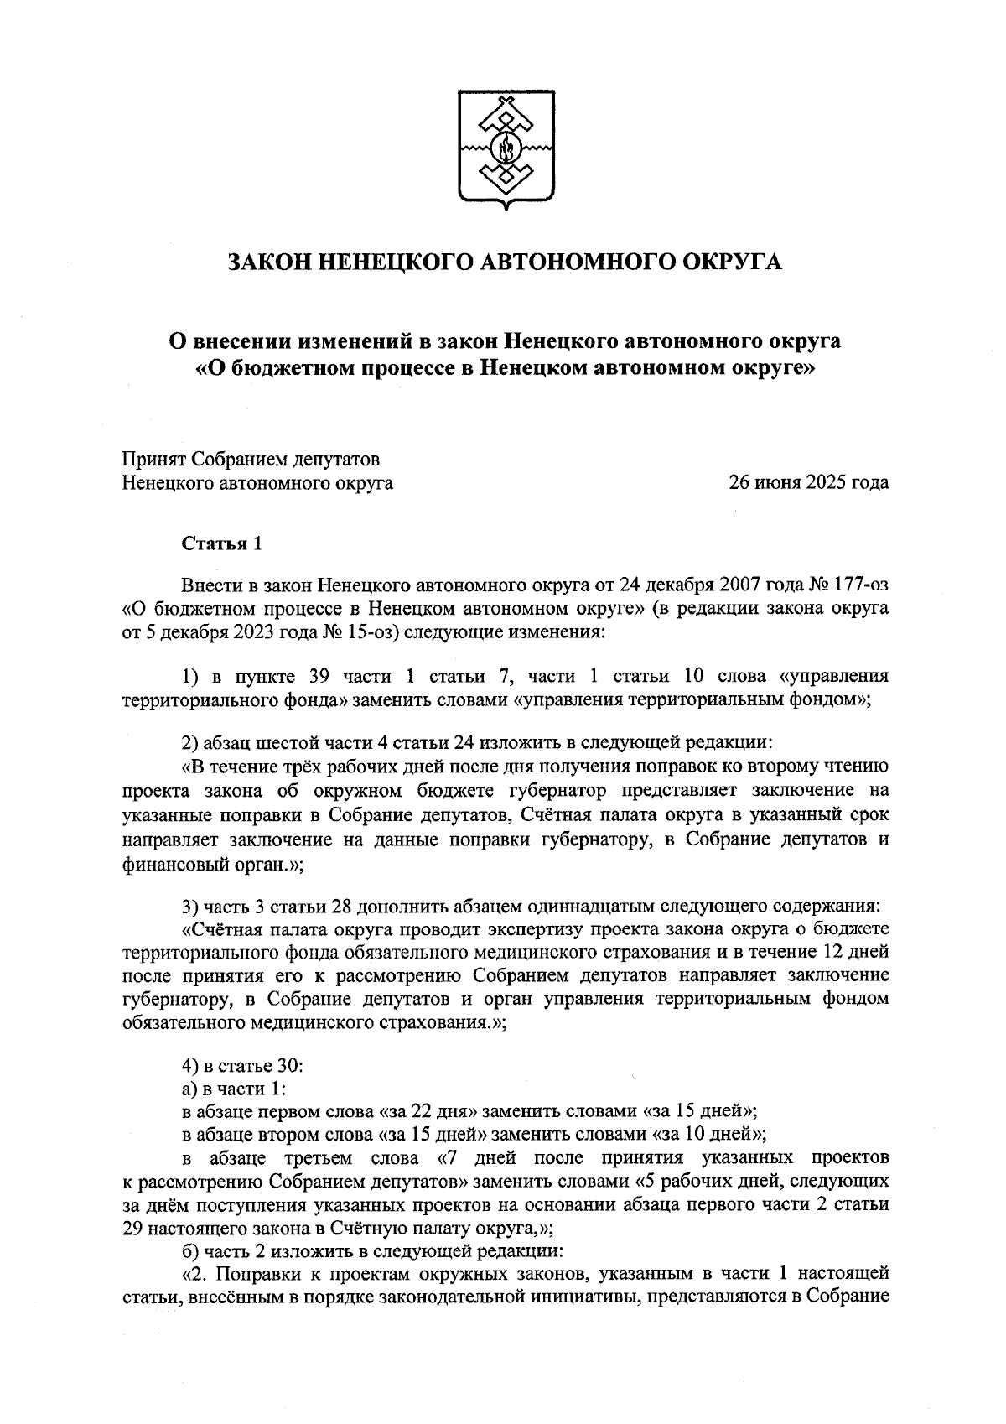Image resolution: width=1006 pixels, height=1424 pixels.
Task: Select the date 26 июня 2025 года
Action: (x=808, y=483)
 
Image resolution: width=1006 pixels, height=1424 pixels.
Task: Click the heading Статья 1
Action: (x=222, y=543)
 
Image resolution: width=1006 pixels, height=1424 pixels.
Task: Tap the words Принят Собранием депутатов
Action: (x=251, y=460)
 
